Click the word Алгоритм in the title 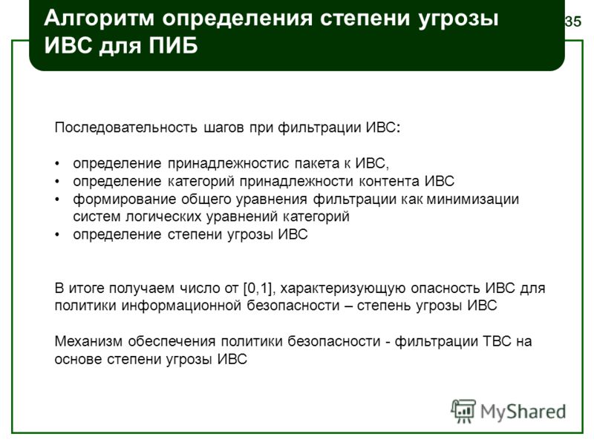click(x=99, y=18)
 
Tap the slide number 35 click(x=572, y=22)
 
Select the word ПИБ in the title click(x=173, y=46)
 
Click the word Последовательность click(x=125, y=128)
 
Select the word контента click(x=389, y=181)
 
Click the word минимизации click(x=473, y=199)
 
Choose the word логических click(x=166, y=217)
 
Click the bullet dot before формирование click(x=57, y=200)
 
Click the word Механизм click(x=88, y=341)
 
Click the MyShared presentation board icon click(x=463, y=411)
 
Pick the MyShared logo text click(x=523, y=412)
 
